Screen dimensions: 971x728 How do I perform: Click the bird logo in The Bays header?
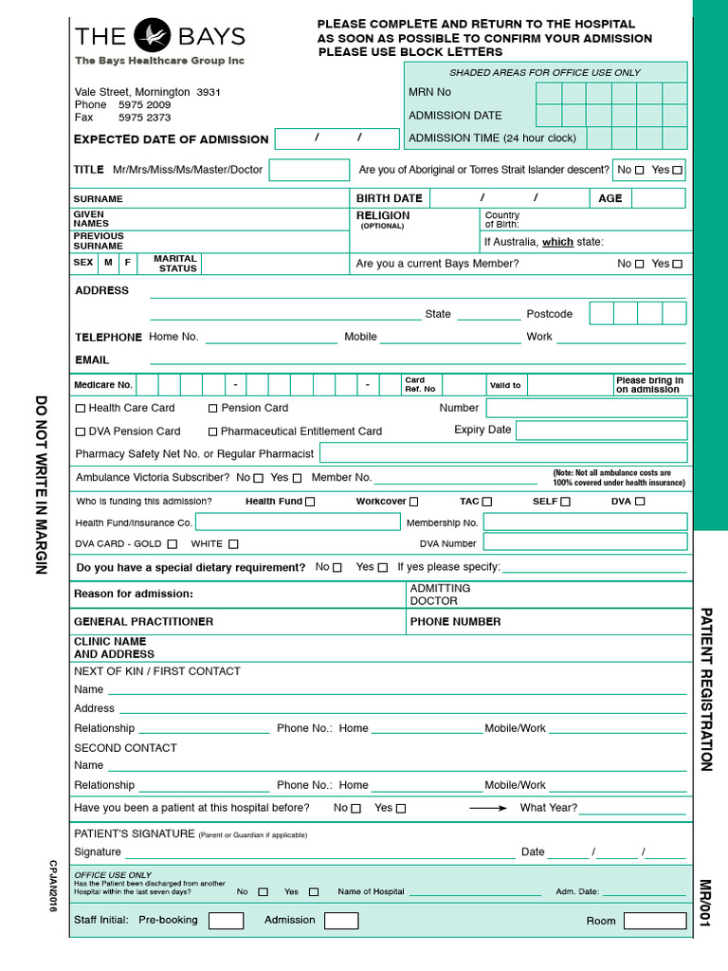click(152, 36)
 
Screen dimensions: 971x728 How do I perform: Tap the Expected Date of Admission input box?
click(337, 138)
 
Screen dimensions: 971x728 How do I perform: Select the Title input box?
click(309, 170)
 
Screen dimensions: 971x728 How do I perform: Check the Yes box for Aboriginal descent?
click(677, 171)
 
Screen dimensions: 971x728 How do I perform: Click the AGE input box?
click(658, 198)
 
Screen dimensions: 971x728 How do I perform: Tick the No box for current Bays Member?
click(639, 265)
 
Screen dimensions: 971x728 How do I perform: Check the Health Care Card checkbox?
click(81, 409)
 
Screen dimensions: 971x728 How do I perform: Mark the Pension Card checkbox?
click(213, 409)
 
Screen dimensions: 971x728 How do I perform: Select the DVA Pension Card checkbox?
click(81, 431)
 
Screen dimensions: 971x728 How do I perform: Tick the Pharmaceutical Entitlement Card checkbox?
click(213, 431)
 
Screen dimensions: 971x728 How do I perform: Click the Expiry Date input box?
click(601, 431)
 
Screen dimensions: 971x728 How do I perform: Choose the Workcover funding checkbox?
click(413, 502)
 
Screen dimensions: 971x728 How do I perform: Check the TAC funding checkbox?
click(487, 502)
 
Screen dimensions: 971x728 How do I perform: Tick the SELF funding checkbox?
click(566, 502)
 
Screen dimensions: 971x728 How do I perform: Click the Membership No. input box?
click(585, 522)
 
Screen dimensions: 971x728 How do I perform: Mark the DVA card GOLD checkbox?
click(172, 544)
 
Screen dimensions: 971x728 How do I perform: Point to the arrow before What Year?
click(489, 808)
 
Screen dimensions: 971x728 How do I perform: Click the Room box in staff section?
click(654, 921)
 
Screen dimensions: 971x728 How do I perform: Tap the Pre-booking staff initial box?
click(226, 921)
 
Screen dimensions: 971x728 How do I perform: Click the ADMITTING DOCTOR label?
click(440, 595)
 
